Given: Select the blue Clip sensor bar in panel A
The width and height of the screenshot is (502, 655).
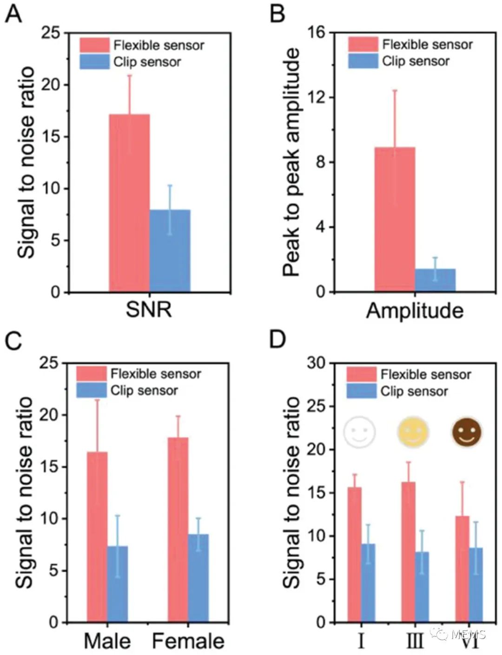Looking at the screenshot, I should click(x=170, y=251).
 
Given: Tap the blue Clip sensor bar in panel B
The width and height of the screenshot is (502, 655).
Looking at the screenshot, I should click(x=435, y=280).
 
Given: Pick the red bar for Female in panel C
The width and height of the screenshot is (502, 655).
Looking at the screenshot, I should click(x=178, y=529).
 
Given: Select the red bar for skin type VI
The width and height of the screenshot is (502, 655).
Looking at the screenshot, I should click(x=462, y=569).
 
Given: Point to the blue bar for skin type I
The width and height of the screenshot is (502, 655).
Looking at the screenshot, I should click(x=368, y=583).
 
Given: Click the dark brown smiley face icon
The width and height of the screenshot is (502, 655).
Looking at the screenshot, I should click(x=467, y=432).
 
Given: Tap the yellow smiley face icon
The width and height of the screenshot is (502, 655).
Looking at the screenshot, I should click(x=413, y=432).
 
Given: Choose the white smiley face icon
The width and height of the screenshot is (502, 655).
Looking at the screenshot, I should click(x=359, y=432).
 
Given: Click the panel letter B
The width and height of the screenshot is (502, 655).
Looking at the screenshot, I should click(x=277, y=14).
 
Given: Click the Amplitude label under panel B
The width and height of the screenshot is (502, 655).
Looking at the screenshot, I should click(x=415, y=311).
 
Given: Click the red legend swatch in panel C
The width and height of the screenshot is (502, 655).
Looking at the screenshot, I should click(x=92, y=374).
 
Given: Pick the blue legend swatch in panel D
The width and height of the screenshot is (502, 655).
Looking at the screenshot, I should click(x=362, y=391).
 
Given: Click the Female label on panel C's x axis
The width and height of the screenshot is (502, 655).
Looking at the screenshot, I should click(x=188, y=642).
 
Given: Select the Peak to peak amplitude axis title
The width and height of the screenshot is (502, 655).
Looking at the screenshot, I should click(x=292, y=163).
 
